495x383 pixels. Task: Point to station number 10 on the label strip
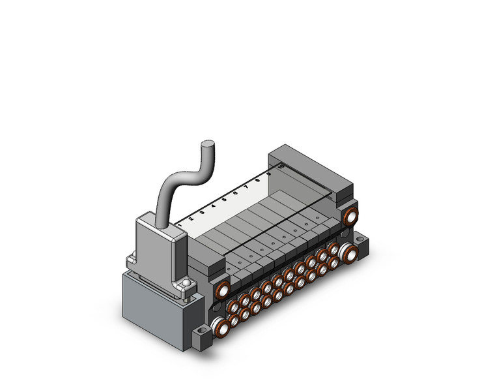tap(280, 167)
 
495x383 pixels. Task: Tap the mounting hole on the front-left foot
tap(200, 332)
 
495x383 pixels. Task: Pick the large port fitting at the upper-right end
tap(351, 216)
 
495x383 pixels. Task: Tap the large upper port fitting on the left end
tap(222, 290)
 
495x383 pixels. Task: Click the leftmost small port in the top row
tap(233, 306)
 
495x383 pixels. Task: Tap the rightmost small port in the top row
tap(332, 249)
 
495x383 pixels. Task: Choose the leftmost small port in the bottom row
tap(233, 320)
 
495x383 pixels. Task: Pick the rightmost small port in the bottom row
tap(333, 262)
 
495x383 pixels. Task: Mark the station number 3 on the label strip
tap(202, 213)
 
